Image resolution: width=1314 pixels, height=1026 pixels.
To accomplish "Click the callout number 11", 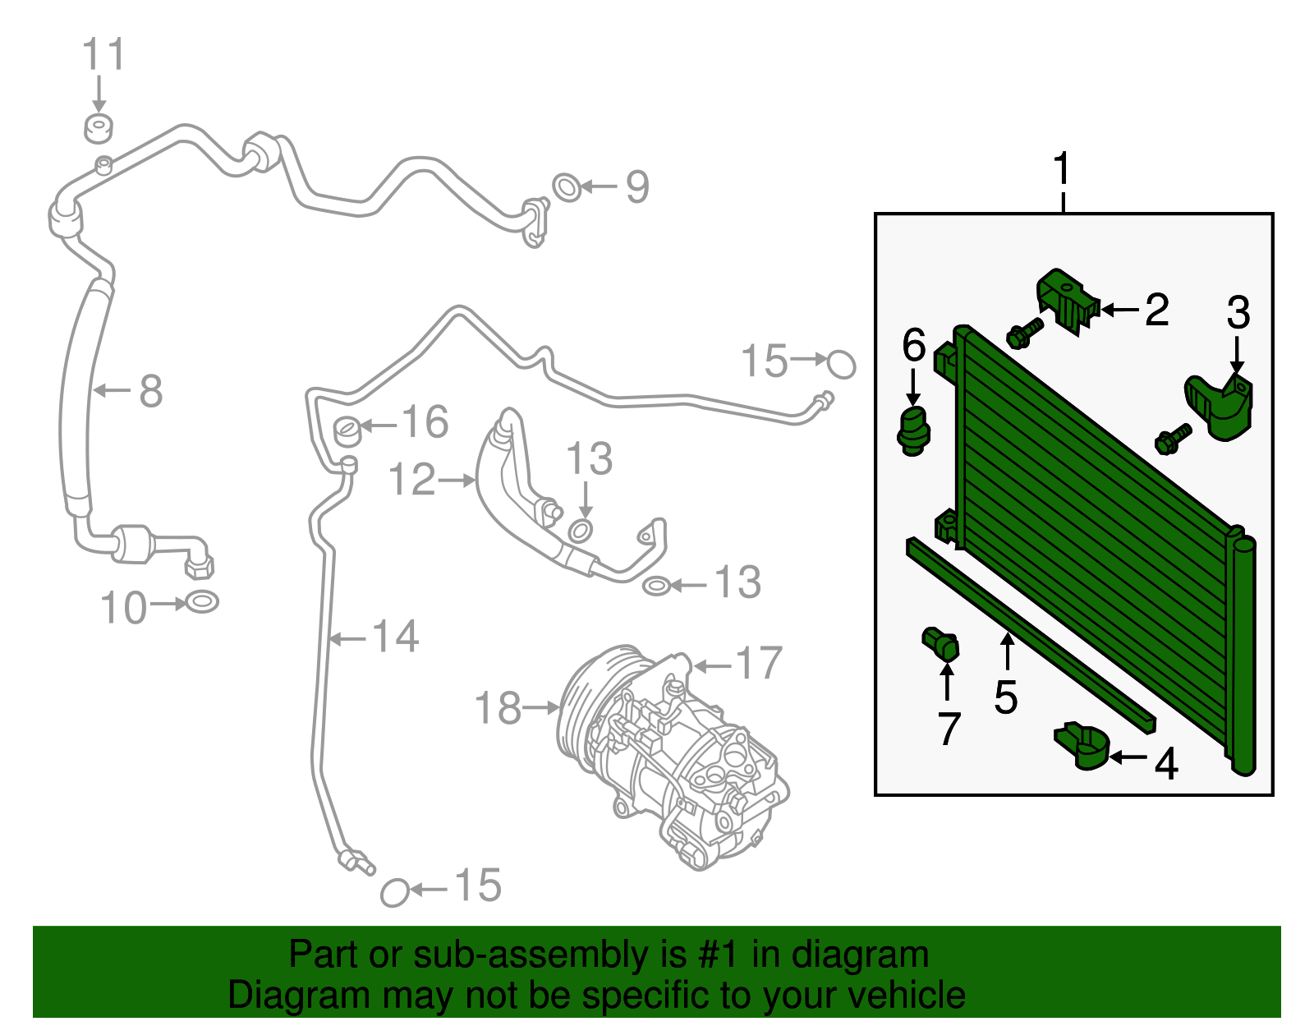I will click(x=103, y=55).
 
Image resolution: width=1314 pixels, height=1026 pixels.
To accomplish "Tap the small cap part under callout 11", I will click(x=99, y=128).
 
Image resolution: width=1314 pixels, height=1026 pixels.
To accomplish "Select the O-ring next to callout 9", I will click(x=567, y=187).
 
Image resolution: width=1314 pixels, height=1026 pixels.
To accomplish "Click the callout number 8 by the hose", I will click(x=150, y=391).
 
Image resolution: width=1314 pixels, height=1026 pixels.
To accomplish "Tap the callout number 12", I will click(x=411, y=480).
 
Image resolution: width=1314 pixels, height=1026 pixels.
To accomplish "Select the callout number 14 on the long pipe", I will click(x=396, y=637).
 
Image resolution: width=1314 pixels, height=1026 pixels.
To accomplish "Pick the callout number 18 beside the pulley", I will click(x=498, y=708).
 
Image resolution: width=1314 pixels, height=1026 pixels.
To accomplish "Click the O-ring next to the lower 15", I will click(x=395, y=892).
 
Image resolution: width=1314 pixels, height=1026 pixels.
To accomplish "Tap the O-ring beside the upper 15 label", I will click(x=841, y=364).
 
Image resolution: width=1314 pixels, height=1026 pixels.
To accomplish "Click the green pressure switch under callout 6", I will click(x=912, y=430).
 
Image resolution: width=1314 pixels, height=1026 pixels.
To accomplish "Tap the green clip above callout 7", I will click(x=941, y=642).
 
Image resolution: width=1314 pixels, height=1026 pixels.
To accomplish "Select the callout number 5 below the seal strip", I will click(x=1005, y=697).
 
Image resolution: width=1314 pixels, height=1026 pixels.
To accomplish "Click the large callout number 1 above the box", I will click(x=1062, y=169).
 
